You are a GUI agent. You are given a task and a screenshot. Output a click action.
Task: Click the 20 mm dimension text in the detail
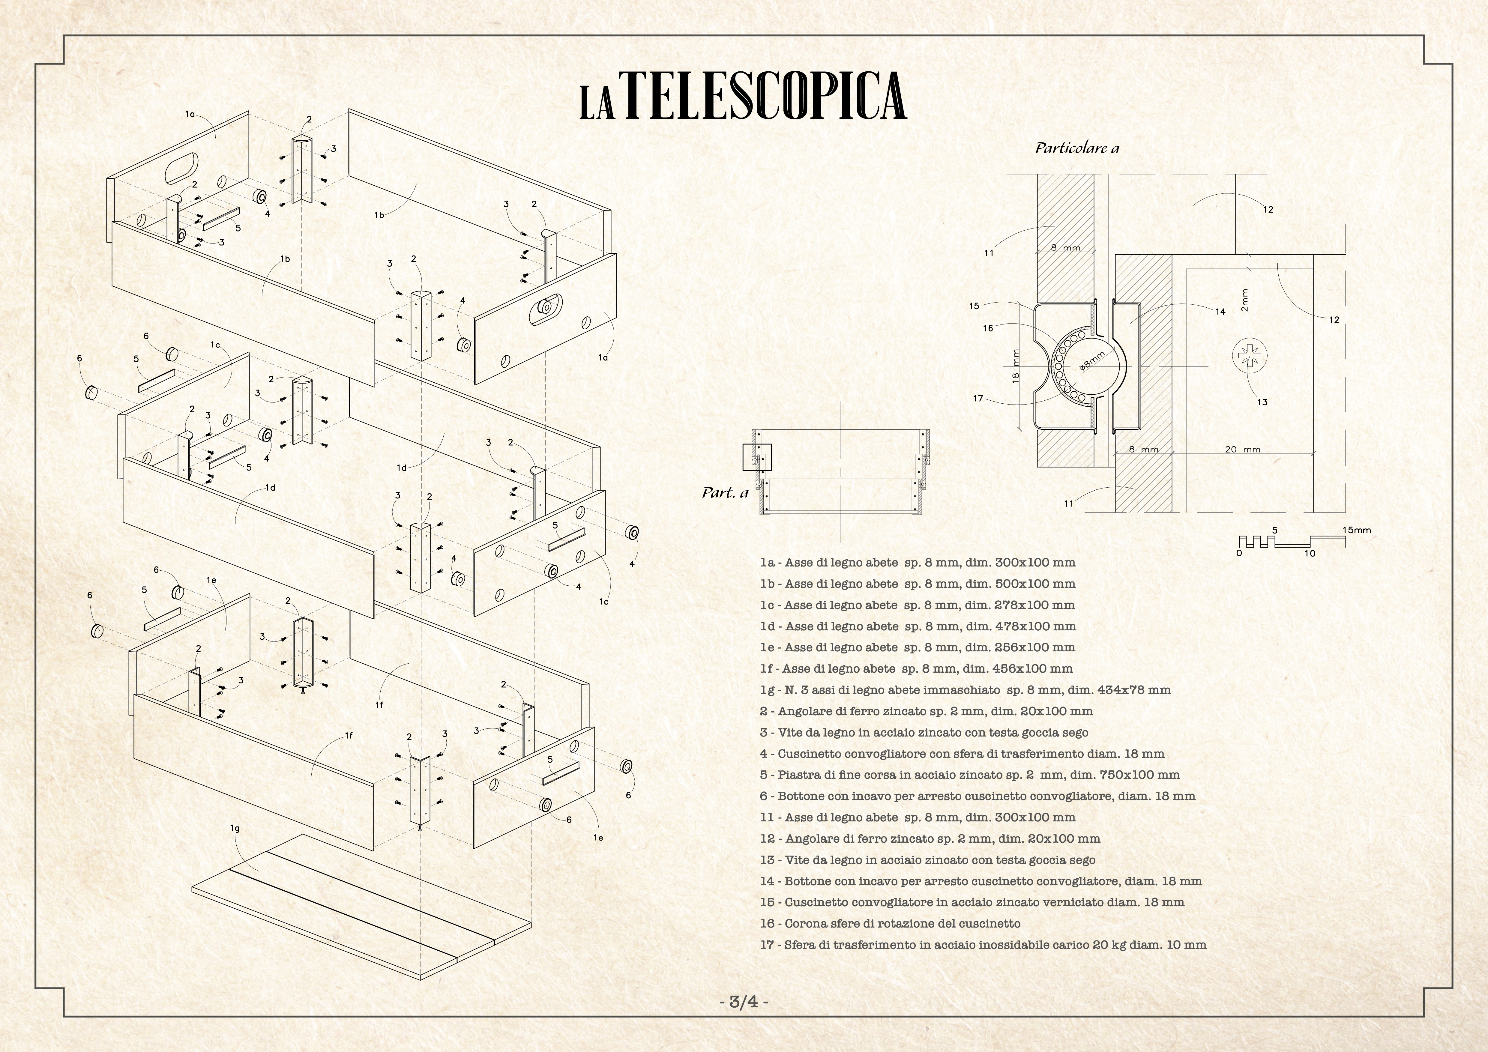(1242, 449)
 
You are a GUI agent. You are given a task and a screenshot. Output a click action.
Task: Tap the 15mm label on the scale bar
(1356, 530)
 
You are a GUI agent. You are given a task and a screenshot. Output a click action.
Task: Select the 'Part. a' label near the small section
(725, 493)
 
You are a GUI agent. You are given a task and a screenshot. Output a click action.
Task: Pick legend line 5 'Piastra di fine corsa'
(969, 775)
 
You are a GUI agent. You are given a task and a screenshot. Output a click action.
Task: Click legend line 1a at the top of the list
(918, 563)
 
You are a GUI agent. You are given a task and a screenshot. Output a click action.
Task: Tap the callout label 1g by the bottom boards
(235, 828)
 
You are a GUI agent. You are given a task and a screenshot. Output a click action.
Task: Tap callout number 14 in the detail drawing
(1220, 312)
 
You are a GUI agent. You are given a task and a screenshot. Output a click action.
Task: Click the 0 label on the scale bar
(1239, 553)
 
